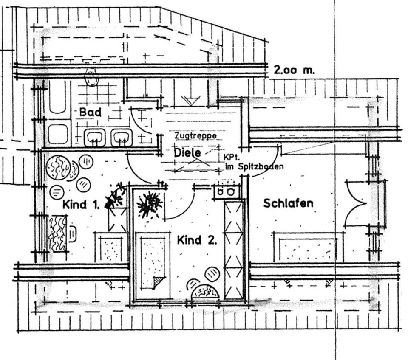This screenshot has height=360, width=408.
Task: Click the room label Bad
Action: [x=90, y=112]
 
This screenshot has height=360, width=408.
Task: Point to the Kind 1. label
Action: [x=81, y=205]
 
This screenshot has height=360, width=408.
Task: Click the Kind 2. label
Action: [x=197, y=241]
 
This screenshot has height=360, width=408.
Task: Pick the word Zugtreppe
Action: [x=195, y=136]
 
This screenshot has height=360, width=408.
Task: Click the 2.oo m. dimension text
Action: [x=295, y=70]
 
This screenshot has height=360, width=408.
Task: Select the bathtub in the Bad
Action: [x=57, y=97]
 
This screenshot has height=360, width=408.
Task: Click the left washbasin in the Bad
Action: [x=94, y=138]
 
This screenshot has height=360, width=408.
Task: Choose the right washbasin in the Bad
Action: [x=122, y=138]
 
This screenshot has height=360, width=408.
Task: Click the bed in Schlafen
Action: [x=308, y=248]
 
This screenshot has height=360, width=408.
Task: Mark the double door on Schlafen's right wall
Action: [x=356, y=203]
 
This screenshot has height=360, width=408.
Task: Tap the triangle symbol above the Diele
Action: [x=190, y=101]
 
